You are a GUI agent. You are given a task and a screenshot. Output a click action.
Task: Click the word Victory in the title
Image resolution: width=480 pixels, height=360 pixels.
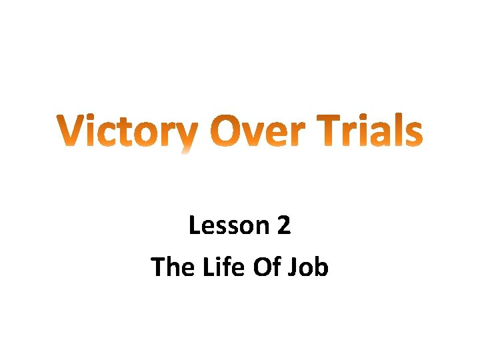pos(126,132)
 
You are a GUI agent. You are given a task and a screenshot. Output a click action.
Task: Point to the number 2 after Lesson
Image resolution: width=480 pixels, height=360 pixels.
pos(283,226)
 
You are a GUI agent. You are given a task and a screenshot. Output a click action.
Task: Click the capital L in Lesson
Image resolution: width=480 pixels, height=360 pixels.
pos(194,226)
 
